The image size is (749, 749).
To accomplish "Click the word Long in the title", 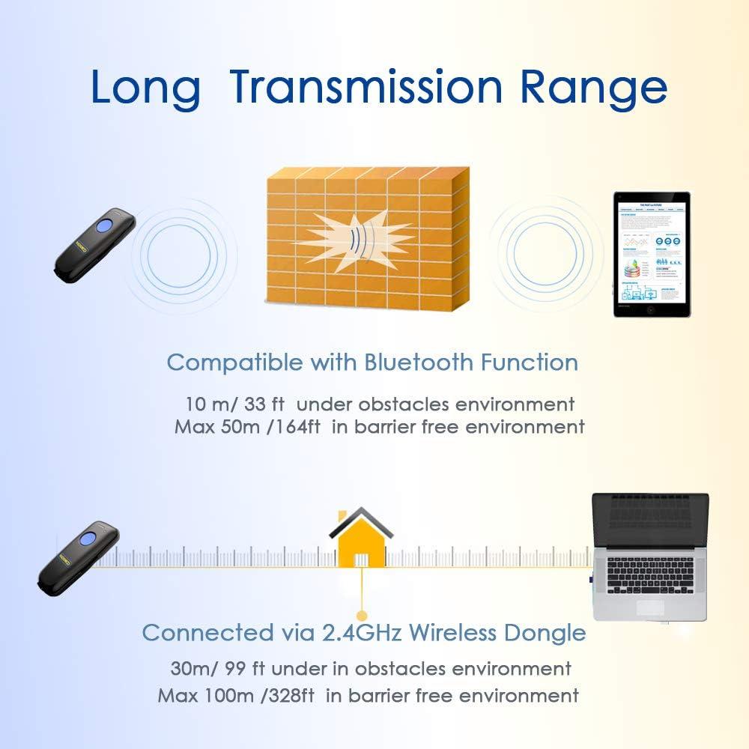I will pyautogui.click(x=145, y=87).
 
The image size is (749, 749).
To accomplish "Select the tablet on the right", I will pyautogui.click(x=651, y=254).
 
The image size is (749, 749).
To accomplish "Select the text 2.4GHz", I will pyautogui.click(x=363, y=633).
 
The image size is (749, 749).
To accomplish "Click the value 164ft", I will pyautogui.click(x=297, y=428).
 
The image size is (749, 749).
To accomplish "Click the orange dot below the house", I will pyautogui.click(x=363, y=603).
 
